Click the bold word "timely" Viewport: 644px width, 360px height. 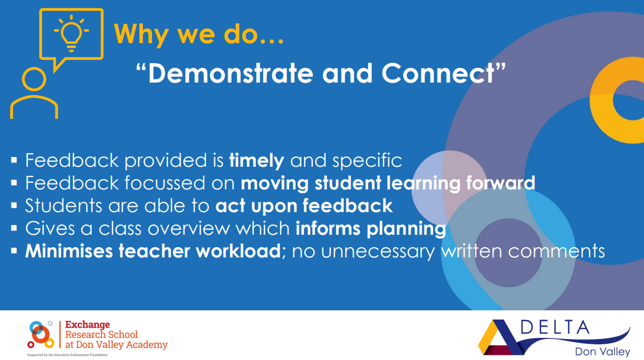click(x=256, y=160)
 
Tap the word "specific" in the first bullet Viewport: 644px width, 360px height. click(x=367, y=160)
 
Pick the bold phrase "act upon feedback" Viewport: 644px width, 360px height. click(x=304, y=206)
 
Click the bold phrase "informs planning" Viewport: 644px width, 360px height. click(x=371, y=228)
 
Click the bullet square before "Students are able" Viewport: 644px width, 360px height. click(x=15, y=206)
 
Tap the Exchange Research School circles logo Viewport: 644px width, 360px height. click(x=41, y=334)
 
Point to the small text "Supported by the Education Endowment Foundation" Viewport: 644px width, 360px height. click(x=67, y=355)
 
